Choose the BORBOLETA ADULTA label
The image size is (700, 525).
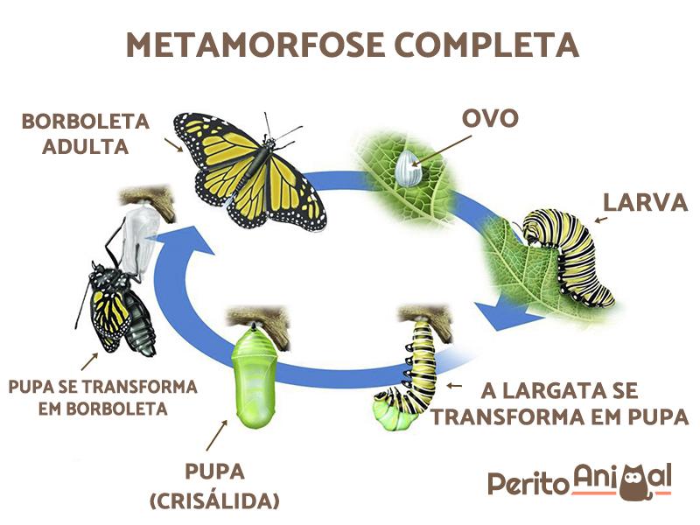point(86,133)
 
